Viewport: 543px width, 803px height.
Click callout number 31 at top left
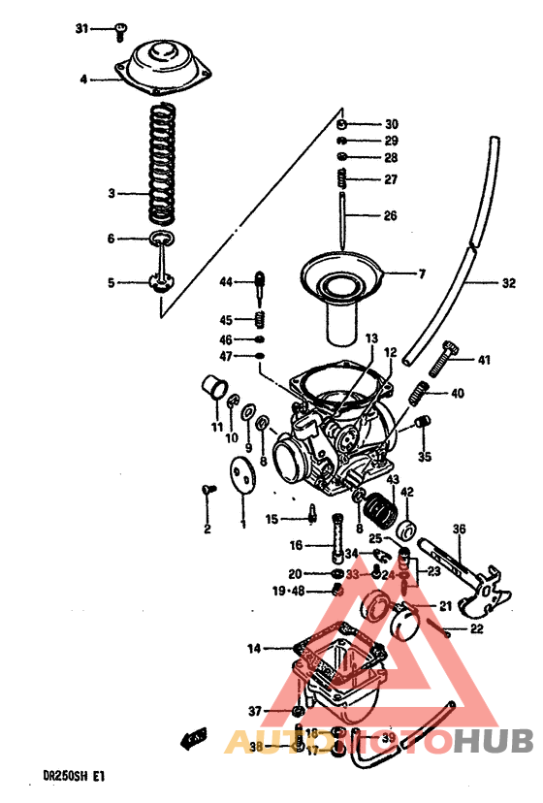pos(82,29)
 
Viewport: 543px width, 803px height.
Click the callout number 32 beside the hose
pos(509,285)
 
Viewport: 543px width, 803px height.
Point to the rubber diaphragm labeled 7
pos(338,274)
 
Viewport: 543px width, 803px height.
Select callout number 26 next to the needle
pos(389,216)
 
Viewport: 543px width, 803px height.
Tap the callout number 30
pos(391,124)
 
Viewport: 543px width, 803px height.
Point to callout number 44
pos(226,282)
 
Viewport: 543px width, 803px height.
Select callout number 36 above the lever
pos(459,530)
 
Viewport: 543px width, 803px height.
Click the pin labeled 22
pos(447,627)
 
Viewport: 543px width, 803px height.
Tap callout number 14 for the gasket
pos(253,648)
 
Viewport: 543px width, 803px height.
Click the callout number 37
pos(254,711)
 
